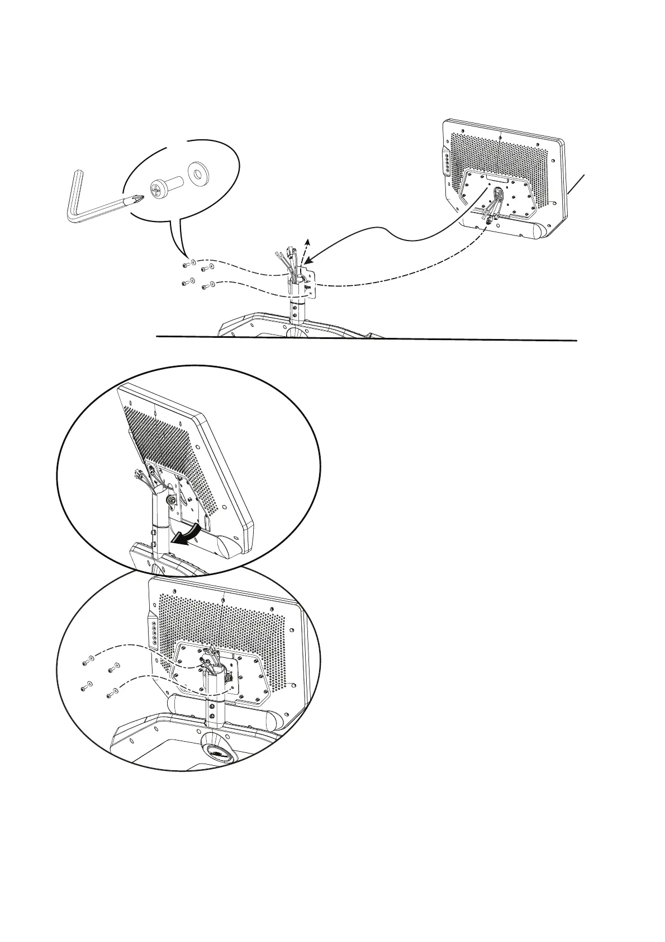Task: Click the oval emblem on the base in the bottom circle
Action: [x=217, y=753]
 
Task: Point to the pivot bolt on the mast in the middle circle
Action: [x=172, y=498]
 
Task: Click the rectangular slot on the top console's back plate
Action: [x=497, y=180]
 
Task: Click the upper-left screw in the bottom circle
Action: [x=85, y=663]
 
